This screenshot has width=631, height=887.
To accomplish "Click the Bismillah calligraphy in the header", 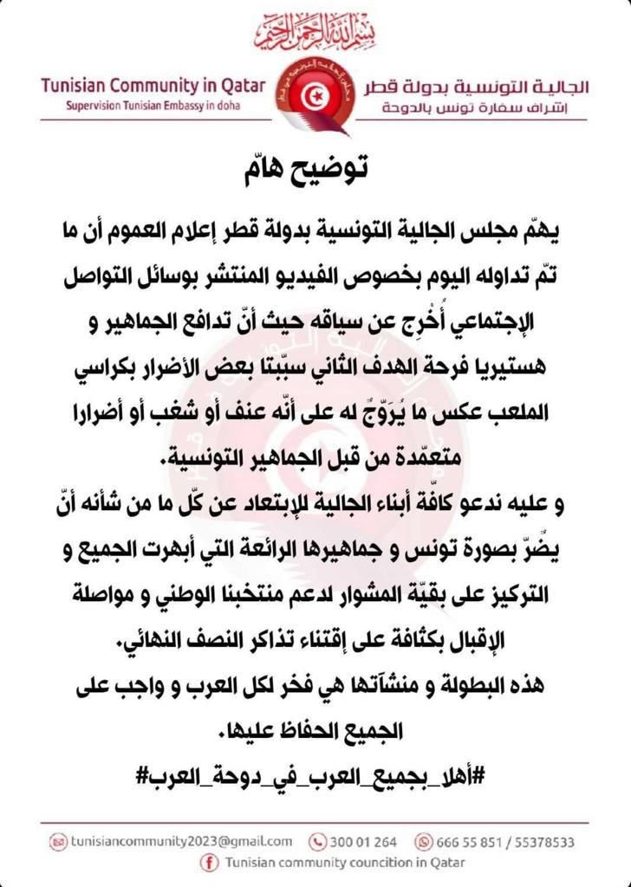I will pyautogui.click(x=316, y=33).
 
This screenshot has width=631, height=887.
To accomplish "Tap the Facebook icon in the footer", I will pyautogui.click(x=208, y=862).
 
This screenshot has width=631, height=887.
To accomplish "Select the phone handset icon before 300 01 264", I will pyautogui.click(x=318, y=840).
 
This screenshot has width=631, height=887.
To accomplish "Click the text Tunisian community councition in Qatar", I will pyautogui.click(x=344, y=862).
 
